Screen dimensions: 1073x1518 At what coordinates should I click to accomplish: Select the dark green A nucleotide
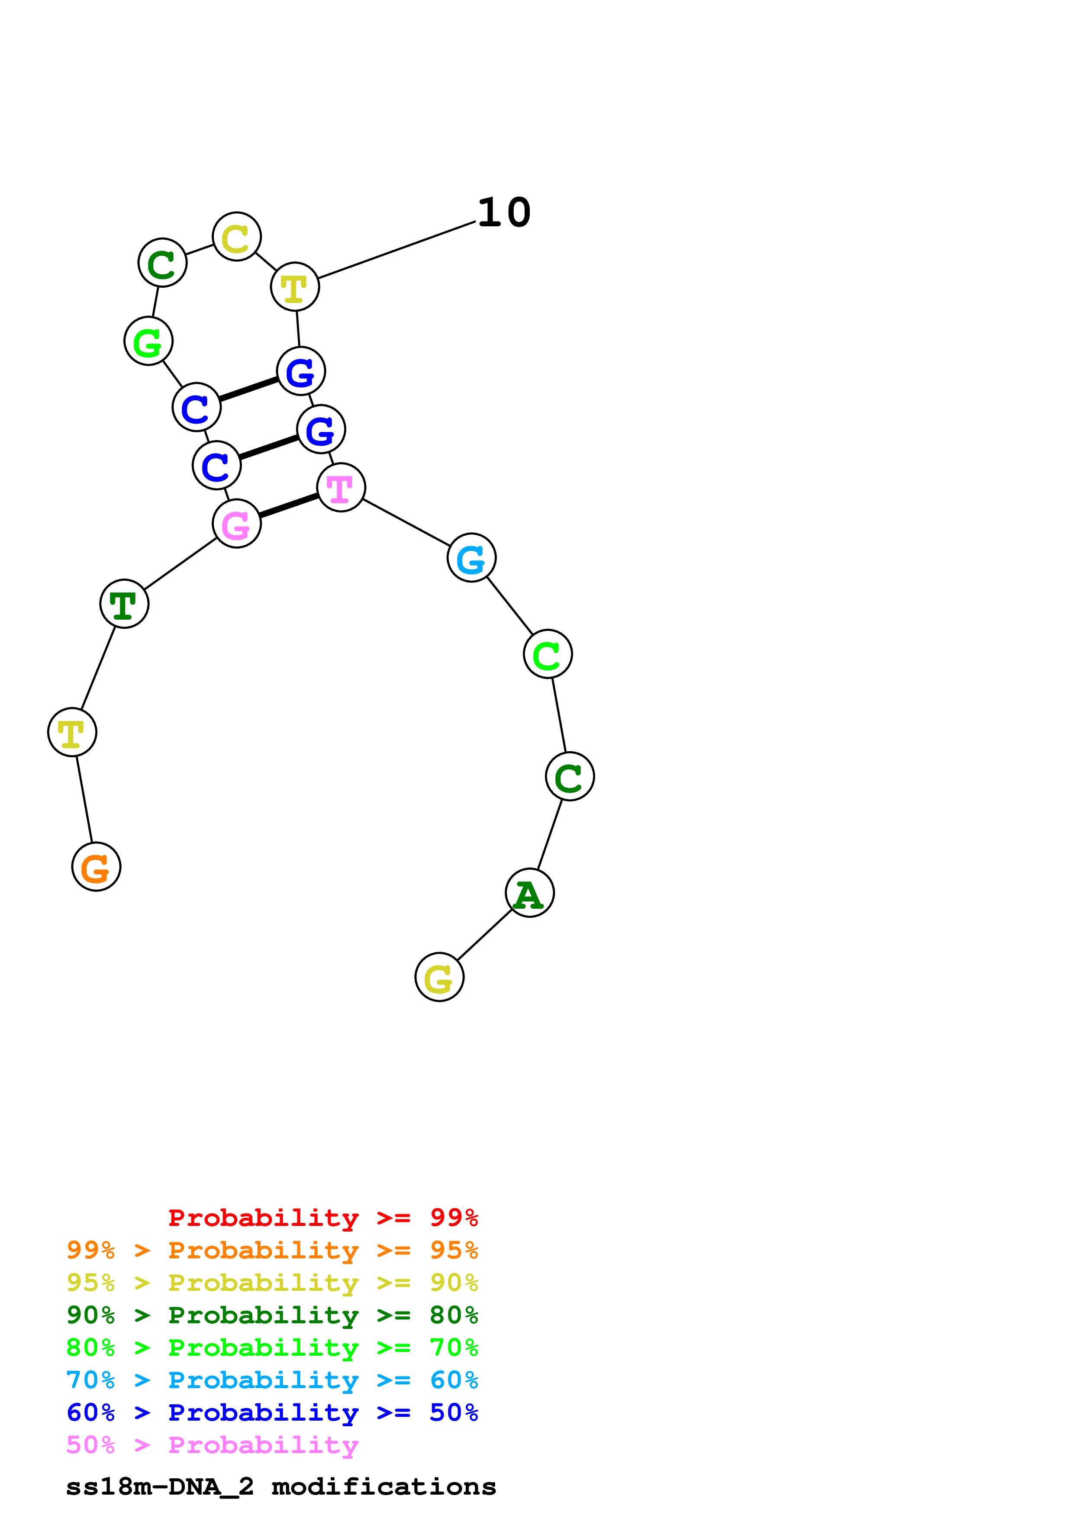[x=529, y=893]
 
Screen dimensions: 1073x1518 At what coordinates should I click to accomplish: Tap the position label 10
[x=504, y=213]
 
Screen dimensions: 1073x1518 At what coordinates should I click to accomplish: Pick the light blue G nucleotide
[x=471, y=557]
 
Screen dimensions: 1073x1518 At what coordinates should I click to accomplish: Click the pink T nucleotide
[x=341, y=487]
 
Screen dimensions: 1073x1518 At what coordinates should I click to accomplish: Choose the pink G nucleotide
[x=237, y=523]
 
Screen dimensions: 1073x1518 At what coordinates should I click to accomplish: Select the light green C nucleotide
[x=548, y=654]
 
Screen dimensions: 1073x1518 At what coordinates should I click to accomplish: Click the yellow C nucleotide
[x=237, y=237]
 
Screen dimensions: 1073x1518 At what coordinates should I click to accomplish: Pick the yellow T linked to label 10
[x=295, y=286]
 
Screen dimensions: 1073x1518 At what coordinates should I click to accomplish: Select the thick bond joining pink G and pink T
[x=289, y=505]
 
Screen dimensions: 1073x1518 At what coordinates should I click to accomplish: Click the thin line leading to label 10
[x=396, y=250]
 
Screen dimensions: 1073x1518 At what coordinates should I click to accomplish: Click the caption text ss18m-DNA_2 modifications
[x=281, y=1486]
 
